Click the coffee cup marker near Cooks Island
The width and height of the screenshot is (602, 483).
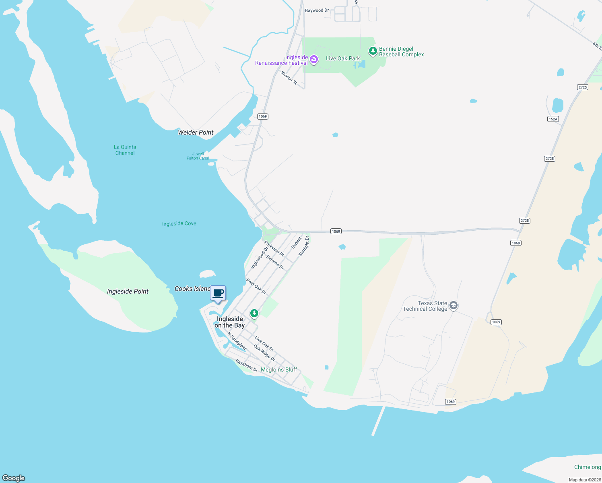[218, 293]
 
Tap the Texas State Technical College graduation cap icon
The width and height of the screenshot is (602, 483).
[454, 305]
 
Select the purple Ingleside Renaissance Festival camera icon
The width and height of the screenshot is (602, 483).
[314, 60]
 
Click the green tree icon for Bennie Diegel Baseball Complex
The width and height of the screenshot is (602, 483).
[373, 51]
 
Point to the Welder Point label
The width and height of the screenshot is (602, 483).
[196, 132]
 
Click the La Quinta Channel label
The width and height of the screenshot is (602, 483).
[125, 150]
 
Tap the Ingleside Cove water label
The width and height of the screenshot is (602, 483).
[179, 224]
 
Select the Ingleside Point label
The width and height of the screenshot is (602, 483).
[128, 291]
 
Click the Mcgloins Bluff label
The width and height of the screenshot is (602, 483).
[279, 369]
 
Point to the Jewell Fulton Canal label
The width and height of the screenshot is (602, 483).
[198, 156]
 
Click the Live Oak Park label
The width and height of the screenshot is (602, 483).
[343, 58]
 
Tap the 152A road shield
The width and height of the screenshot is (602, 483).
[553, 119]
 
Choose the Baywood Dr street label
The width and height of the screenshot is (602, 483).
[317, 10]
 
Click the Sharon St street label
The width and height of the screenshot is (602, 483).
[289, 78]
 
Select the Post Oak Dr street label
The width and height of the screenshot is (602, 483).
[256, 287]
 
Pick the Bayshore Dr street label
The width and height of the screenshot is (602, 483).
[247, 365]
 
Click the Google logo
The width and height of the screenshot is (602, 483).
[14, 478]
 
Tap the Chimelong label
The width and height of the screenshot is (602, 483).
[587, 467]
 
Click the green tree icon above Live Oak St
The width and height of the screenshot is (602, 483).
[254, 313]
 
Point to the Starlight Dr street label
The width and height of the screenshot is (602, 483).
[304, 246]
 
